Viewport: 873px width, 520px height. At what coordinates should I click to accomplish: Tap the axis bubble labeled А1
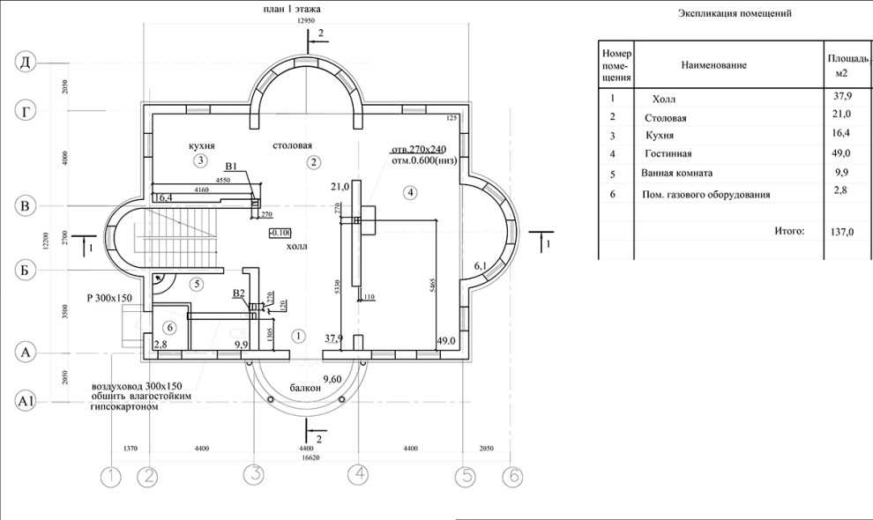(26, 402)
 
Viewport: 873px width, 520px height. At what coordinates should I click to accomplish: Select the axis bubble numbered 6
(512, 477)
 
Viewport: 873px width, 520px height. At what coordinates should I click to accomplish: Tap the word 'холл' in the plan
(296, 247)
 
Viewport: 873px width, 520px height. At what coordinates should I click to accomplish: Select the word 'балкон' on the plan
(305, 388)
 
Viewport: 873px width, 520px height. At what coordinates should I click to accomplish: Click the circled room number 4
(409, 191)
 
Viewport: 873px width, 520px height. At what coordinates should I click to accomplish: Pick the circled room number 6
(171, 327)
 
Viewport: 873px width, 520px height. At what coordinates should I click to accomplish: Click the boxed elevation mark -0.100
(280, 233)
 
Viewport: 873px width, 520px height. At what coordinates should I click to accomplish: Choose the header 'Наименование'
(713, 65)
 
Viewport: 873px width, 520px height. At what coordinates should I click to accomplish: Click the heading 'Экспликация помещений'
(735, 14)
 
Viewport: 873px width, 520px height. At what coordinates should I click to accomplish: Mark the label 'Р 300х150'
(109, 298)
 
